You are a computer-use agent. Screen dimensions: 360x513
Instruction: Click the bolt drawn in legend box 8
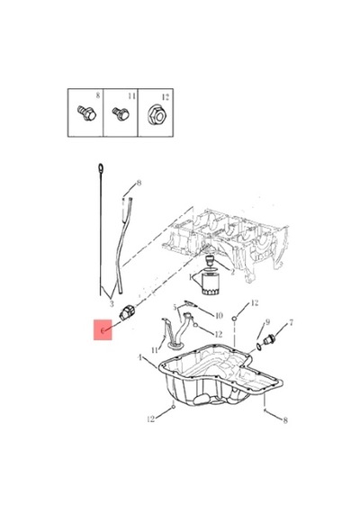tap(86, 113)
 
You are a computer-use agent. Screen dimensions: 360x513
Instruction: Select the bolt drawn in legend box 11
tap(121, 113)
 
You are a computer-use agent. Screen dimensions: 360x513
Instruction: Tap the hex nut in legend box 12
tap(156, 114)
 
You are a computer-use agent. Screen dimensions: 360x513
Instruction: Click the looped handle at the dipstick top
tap(101, 168)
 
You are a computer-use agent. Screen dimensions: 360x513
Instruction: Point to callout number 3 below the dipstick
tap(112, 304)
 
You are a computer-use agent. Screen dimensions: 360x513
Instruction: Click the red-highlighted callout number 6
tap(103, 330)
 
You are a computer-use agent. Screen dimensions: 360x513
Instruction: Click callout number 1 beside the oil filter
tap(191, 277)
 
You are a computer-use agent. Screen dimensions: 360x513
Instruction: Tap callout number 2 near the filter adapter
tap(232, 272)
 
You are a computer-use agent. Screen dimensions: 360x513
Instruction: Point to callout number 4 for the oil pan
tap(140, 357)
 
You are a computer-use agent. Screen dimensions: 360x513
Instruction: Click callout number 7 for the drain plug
tap(291, 323)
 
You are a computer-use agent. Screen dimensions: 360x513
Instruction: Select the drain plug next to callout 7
tap(269, 340)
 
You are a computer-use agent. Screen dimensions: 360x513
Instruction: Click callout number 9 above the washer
tap(267, 322)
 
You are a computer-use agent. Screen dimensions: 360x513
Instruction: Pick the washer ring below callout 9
tap(258, 346)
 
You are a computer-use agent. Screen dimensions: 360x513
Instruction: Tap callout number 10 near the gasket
tap(219, 315)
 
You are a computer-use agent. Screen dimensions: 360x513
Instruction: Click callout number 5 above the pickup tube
tap(175, 308)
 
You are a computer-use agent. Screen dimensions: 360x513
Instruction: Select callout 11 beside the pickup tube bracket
tap(155, 350)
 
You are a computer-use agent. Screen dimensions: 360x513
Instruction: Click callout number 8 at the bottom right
tap(285, 420)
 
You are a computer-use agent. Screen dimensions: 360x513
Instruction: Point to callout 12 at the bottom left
tap(151, 419)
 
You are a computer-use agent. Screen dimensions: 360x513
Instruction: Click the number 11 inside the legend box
tap(131, 96)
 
